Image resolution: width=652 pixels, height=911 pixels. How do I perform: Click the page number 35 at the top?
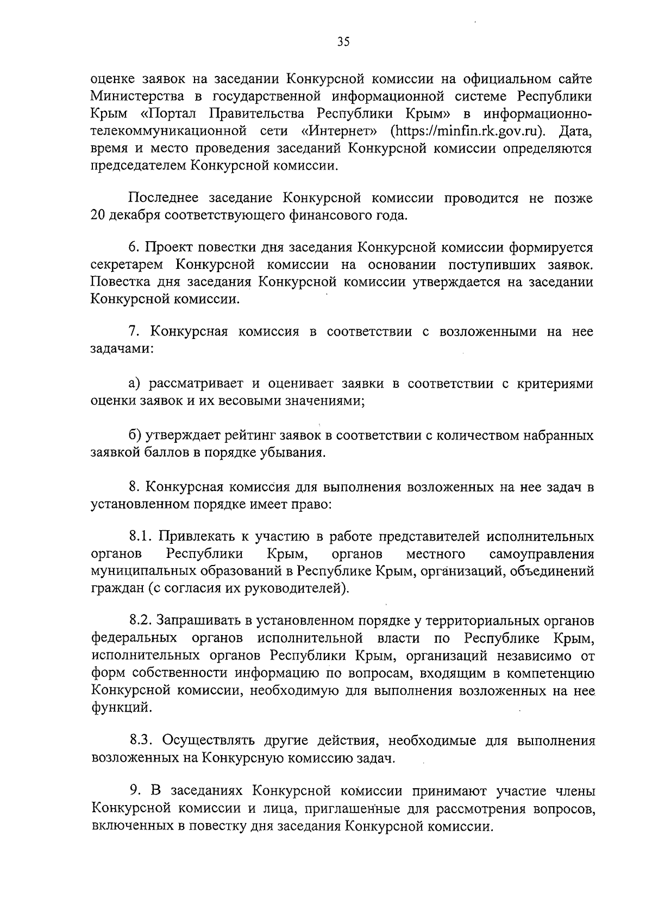(342, 42)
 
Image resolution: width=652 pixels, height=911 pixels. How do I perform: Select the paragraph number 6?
(134, 248)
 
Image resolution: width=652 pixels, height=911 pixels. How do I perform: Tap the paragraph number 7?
(134, 331)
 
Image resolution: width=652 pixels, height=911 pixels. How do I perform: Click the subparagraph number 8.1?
(140, 537)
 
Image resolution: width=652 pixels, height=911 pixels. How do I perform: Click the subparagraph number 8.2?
(141, 620)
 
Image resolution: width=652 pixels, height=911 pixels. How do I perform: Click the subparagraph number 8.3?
(141, 740)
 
